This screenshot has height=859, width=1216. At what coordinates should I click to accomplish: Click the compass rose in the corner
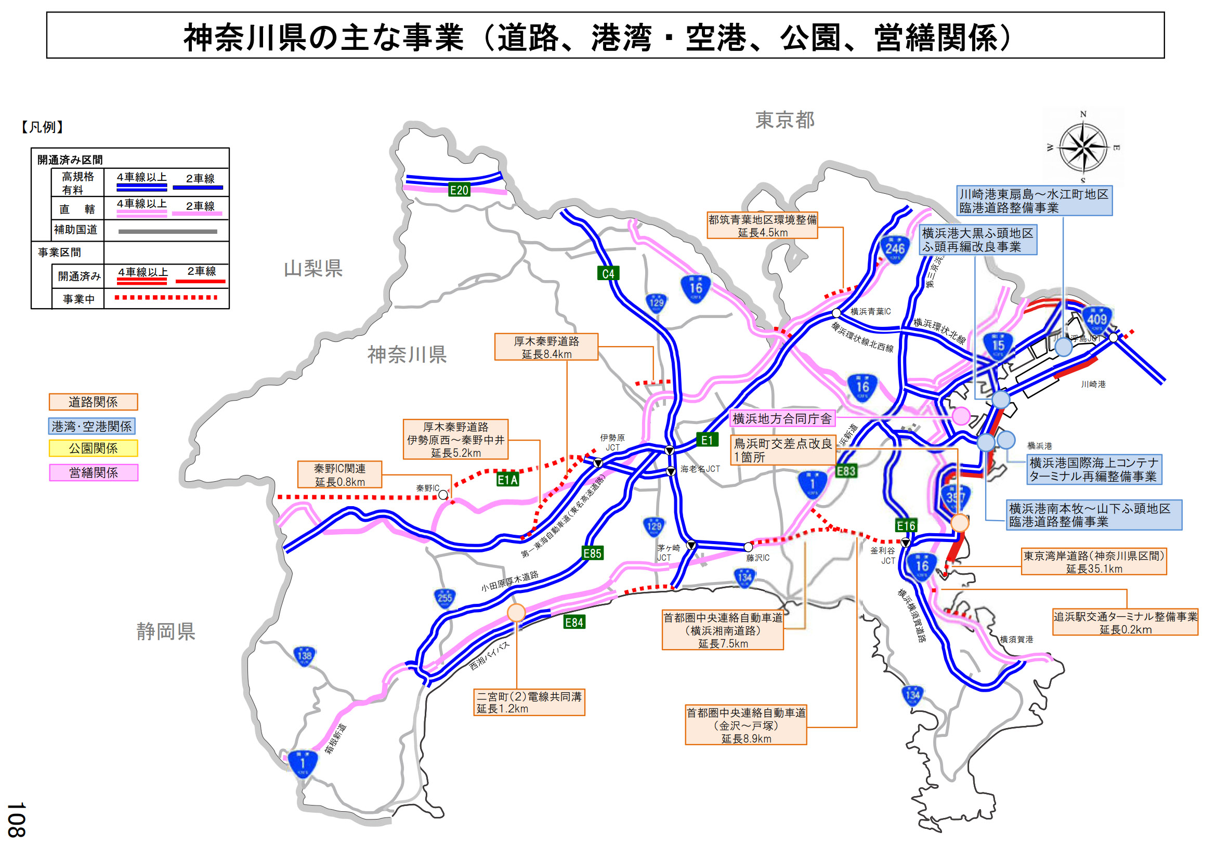[x=1083, y=146]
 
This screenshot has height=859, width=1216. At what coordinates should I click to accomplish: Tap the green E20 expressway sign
[x=459, y=190]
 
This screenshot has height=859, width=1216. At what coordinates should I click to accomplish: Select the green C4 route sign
[x=608, y=274]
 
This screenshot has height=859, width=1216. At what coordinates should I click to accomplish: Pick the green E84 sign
[x=574, y=623]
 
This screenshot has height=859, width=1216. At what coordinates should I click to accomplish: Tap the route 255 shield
[x=445, y=598]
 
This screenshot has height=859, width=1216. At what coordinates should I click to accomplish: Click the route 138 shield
[x=305, y=656]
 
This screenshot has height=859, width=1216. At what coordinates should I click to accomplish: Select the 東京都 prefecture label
[x=785, y=120]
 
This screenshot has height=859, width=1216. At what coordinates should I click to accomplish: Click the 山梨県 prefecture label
[x=313, y=269]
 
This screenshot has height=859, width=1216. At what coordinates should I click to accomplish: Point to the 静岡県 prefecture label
[x=166, y=631]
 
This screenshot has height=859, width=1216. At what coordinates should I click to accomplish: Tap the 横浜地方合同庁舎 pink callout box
[x=782, y=419]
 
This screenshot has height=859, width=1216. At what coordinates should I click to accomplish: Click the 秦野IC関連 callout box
[x=339, y=475]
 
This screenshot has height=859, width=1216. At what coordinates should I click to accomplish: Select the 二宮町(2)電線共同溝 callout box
[x=529, y=703]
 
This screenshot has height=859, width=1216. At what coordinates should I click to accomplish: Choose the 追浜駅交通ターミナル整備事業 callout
[x=1125, y=623]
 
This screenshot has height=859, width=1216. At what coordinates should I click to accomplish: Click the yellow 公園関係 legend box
[x=93, y=448]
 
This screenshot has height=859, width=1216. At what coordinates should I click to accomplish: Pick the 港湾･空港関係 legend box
[x=91, y=426]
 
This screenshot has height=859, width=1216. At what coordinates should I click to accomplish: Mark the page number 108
[x=17, y=820]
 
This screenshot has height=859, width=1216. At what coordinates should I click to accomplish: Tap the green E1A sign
[x=507, y=480]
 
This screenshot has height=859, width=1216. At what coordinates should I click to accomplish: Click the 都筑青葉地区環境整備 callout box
[x=762, y=226]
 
